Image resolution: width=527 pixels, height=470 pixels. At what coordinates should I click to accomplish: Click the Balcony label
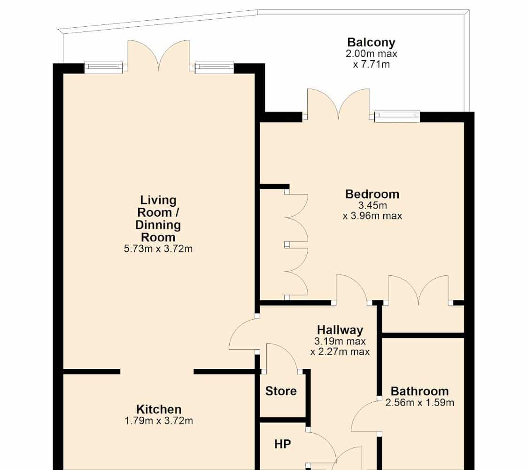(x=371, y=42)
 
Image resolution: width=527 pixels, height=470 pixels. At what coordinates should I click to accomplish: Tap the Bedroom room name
(x=372, y=194)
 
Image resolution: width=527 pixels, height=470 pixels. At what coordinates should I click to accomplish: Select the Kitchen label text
(x=159, y=409)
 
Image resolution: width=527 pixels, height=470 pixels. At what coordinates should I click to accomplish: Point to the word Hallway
(x=340, y=330)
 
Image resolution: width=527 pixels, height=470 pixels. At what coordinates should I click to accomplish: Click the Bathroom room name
(x=419, y=392)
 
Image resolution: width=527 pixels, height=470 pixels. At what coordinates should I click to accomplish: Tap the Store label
(x=280, y=391)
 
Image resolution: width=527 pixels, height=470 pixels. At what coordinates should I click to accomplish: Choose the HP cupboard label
(x=282, y=444)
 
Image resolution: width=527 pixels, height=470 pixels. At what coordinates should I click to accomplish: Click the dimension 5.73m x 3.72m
(x=158, y=249)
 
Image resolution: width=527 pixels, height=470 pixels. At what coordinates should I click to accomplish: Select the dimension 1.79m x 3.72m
(x=159, y=421)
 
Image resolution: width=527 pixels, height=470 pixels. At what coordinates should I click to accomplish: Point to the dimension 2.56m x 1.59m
(x=419, y=402)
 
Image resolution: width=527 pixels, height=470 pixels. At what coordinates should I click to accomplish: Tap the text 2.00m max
(x=371, y=54)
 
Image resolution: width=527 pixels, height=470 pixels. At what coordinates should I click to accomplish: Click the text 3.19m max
(x=340, y=341)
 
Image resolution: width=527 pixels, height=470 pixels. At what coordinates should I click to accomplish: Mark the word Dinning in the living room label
(x=158, y=225)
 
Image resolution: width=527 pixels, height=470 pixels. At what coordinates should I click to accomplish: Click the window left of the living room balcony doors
(x=103, y=68)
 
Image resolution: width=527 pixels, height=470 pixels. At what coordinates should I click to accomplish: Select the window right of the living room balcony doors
(x=214, y=68)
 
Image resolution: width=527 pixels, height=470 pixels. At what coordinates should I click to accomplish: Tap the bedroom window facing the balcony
(x=397, y=116)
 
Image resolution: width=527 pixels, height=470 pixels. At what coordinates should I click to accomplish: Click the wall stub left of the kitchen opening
(x=92, y=371)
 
